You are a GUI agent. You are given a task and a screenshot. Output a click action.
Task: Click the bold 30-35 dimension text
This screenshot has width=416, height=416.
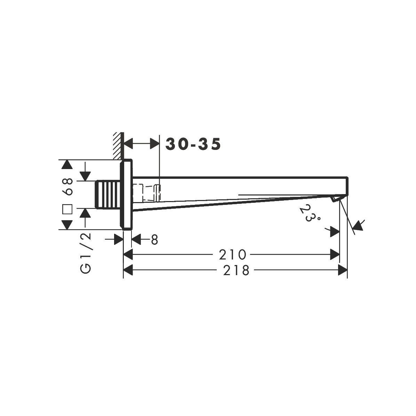pos(193,144)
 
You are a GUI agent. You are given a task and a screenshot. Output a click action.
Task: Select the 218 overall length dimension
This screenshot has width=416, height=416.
pos(237,270)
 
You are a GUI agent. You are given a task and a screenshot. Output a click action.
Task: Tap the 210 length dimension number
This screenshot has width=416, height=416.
pos(232,255)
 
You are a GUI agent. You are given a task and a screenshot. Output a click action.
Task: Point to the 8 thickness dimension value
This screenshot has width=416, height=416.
pos(154,240)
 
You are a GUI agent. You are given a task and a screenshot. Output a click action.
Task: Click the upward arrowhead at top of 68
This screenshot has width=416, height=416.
pos(67,165)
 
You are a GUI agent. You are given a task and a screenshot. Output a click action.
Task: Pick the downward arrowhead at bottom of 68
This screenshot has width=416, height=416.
pos(67,225)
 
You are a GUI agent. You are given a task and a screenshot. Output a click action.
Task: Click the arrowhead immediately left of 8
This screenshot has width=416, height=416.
pos(136,239)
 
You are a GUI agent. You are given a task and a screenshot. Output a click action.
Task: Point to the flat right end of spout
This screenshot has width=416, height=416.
pos(347,186)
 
